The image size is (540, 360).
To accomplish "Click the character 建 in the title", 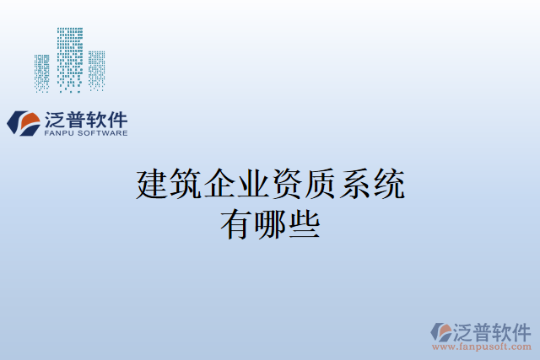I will coord(152,185).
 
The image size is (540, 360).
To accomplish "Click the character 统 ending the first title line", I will coord(388,185).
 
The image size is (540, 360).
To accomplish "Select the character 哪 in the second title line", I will coord(270,223).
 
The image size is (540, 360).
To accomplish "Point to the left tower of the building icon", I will coord(42,73).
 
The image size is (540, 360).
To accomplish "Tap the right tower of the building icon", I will coord(96,70).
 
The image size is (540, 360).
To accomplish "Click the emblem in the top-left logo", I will coord(23,123).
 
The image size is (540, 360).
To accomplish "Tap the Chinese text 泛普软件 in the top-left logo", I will coord(84,119).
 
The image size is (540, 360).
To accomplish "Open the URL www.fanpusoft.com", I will coord(481,347).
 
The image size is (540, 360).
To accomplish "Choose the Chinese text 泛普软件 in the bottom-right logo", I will coord(494,330).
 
